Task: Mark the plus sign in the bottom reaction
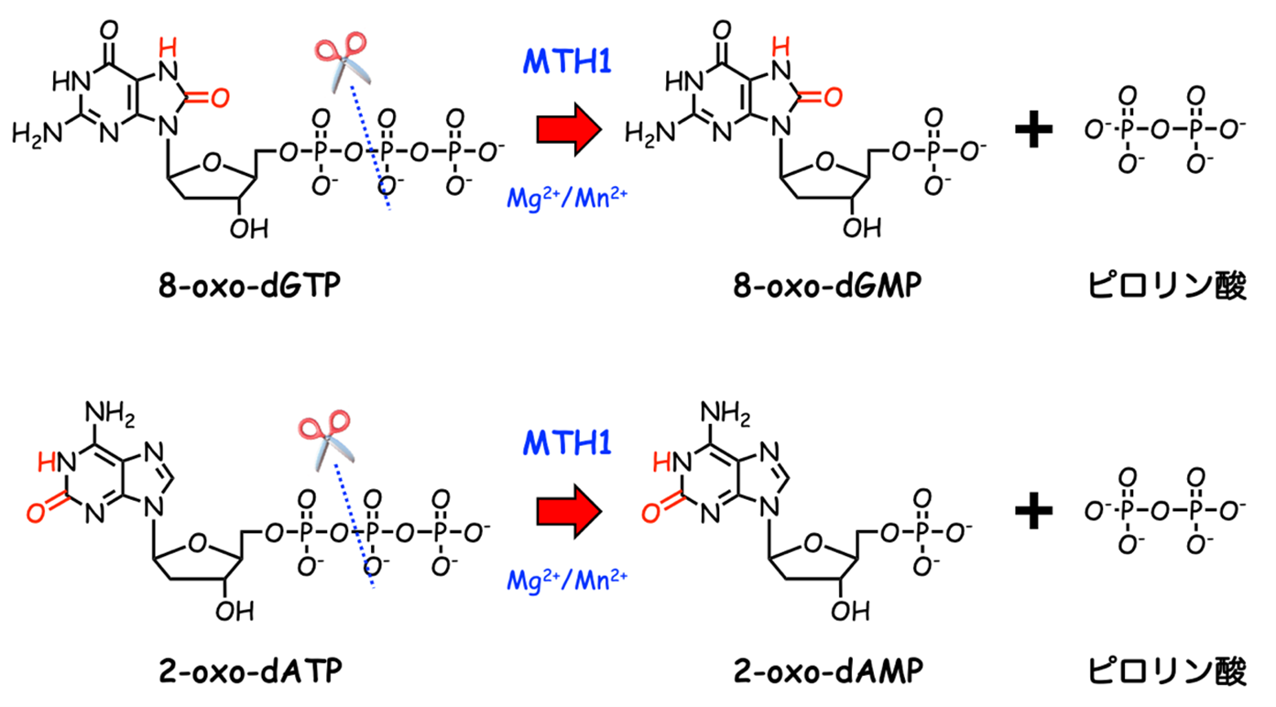[x=1036, y=512]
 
